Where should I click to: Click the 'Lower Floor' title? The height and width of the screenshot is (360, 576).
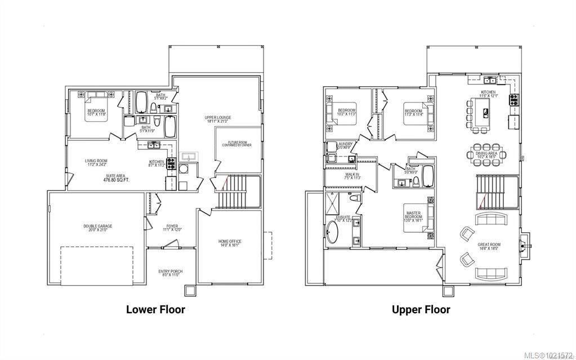coord(155,309)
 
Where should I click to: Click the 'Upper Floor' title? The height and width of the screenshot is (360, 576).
coord(421,309)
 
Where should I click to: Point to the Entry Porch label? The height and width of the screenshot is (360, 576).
coord(170,273)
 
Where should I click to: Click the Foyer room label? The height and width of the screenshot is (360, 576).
coord(172,228)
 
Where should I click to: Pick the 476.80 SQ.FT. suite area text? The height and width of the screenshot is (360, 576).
coord(117,180)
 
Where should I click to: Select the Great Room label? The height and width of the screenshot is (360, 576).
coord(488,246)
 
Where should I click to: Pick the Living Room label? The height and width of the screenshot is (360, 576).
coord(96,163)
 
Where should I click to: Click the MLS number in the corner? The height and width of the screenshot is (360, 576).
coord(548,355)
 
